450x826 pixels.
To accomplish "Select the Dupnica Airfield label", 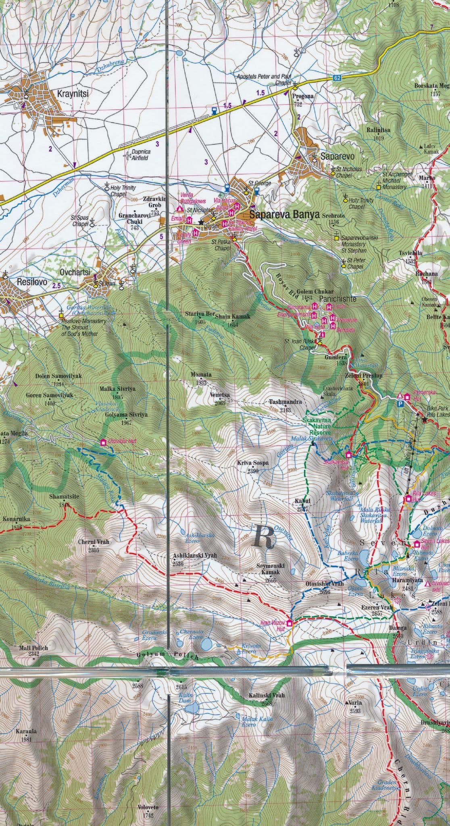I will click(137, 156).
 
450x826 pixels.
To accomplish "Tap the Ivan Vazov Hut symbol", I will click(290, 623).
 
